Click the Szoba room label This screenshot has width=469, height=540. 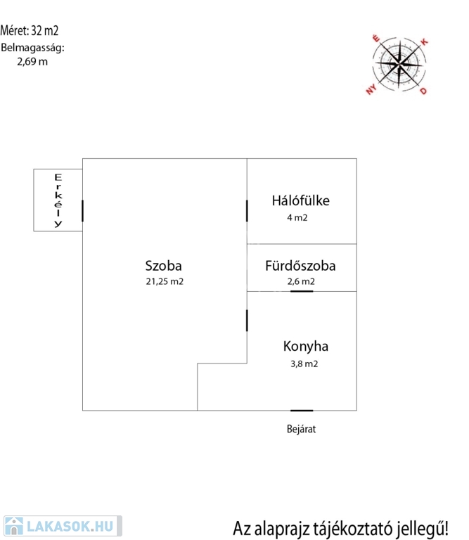coord(163,266)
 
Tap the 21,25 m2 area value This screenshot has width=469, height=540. coord(165,282)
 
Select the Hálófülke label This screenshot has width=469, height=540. coord(301,201)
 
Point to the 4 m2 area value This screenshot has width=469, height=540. coord(297,218)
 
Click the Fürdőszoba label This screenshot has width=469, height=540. coord(300,266)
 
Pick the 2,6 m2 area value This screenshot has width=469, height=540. coord(301,282)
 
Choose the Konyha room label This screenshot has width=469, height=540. coord(305,347)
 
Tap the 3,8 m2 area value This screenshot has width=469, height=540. coord(304,364)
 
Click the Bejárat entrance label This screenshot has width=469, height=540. coord(302,429)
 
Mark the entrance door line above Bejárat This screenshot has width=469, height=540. coord(302,411)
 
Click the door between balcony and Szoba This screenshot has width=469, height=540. coord(83,211)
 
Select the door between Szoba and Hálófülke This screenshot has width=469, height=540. coord(247,211)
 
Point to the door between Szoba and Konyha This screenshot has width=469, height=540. coord(247,321)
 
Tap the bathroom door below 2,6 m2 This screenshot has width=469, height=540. coord(302,291)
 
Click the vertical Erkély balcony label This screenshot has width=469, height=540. coord(58,200)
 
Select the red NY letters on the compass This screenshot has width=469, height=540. coord(371,90)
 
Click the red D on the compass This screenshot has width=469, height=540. coord(423,91)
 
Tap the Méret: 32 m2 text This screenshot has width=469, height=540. coord(30,31)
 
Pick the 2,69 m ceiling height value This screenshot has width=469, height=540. coord(32,62)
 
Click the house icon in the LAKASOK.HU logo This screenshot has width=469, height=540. coord(14,526)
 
